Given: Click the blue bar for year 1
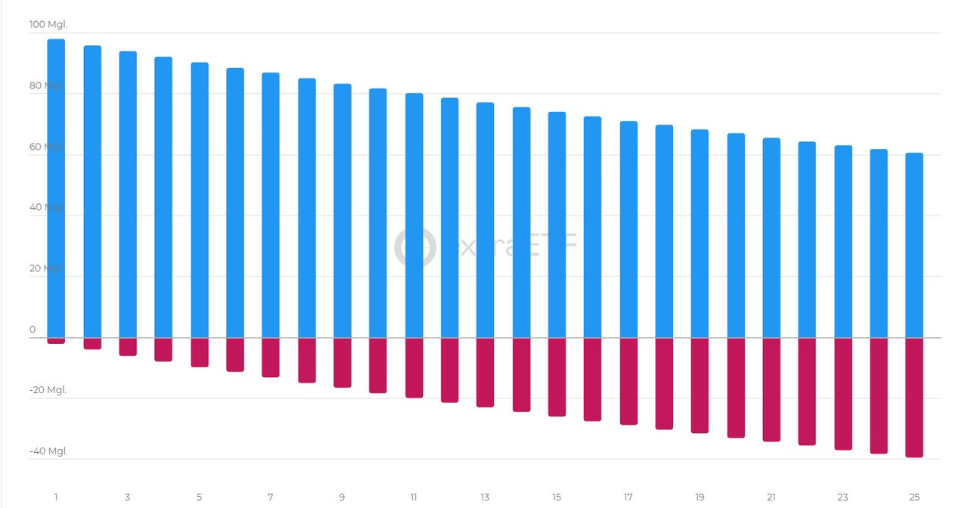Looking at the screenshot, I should click(56, 189).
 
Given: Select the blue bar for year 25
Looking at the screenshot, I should click(914, 246).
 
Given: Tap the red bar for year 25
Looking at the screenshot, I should click(914, 398).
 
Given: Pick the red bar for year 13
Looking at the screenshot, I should click(485, 373).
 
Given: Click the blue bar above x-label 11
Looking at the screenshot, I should click(414, 215).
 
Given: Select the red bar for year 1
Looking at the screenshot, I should click(56, 341).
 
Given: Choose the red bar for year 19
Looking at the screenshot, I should click(700, 386).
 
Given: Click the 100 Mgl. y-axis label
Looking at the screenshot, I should click(48, 25).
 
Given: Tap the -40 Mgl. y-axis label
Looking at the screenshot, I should click(48, 451).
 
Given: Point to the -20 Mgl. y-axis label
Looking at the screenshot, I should click(48, 390).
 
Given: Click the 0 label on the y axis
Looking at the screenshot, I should click(33, 330).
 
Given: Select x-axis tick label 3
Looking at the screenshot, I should click(127, 497).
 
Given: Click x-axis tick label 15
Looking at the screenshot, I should click(557, 497).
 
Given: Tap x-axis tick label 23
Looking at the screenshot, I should click(842, 497).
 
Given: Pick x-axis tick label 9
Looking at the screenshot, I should click(342, 497).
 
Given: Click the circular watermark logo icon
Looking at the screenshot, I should click(415, 246).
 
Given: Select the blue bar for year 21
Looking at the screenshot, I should click(771, 238).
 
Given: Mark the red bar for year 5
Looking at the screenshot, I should click(199, 352).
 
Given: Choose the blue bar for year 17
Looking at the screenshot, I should click(628, 230).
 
